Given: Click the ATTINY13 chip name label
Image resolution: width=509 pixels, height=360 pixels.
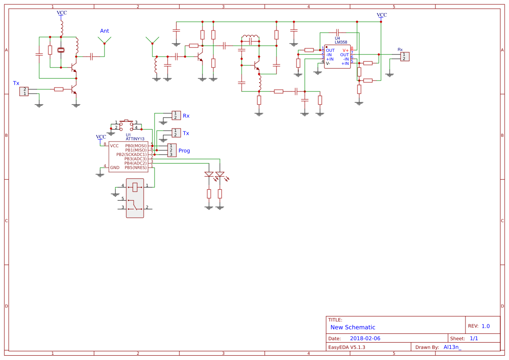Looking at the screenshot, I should [135, 139].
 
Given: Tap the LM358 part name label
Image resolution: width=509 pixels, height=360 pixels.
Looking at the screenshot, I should [341, 42].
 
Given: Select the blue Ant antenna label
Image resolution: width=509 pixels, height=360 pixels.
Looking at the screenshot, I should [104, 31].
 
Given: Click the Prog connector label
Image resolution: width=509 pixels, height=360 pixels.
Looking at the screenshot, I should [184, 151].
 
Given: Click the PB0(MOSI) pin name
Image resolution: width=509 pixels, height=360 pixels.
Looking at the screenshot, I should [136, 146].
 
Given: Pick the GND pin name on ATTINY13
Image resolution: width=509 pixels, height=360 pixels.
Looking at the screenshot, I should [115, 168].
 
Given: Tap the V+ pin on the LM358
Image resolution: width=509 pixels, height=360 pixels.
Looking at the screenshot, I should [345, 50].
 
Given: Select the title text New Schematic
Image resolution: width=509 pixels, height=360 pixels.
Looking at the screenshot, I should [353, 327].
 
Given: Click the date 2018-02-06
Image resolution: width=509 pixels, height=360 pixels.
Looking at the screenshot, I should [365, 338].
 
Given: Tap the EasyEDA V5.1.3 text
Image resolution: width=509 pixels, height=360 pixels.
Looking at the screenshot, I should [347, 347].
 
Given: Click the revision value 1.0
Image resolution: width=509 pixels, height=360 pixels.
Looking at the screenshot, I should [485, 326].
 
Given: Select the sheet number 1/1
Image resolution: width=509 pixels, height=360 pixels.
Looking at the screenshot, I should [474, 338].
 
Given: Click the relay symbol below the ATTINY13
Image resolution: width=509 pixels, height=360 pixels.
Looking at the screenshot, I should [135, 198].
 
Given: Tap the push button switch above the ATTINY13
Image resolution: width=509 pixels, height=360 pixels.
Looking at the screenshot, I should [127, 125].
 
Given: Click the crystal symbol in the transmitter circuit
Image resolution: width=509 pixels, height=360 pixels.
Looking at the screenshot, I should [61, 50].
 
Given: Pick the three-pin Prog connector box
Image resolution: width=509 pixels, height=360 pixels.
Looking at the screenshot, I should [172, 150].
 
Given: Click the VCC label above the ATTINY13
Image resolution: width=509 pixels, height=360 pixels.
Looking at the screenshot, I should [101, 137].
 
